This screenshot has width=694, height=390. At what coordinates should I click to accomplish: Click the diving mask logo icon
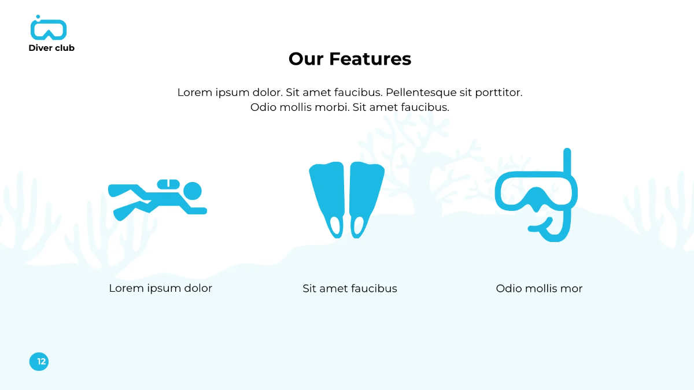(x=49, y=29)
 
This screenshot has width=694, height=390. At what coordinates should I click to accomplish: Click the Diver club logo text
(x=51, y=48)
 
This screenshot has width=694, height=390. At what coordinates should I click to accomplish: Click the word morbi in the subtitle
(x=332, y=107)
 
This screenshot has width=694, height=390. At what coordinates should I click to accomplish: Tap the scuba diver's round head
(x=192, y=190)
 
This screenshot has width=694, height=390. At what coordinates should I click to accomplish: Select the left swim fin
(x=328, y=196)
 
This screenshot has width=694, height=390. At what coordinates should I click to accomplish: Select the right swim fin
(x=366, y=196)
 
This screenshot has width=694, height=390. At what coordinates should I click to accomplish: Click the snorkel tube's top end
(x=567, y=153)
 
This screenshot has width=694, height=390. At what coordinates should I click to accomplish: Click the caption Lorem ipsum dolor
(x=161, y=288)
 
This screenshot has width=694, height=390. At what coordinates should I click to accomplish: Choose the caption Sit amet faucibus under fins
(x=350, y=288)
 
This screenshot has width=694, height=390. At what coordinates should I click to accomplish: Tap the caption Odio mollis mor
(x=539, y=288)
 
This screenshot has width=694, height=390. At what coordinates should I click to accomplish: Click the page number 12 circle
(x=39, y=362)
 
